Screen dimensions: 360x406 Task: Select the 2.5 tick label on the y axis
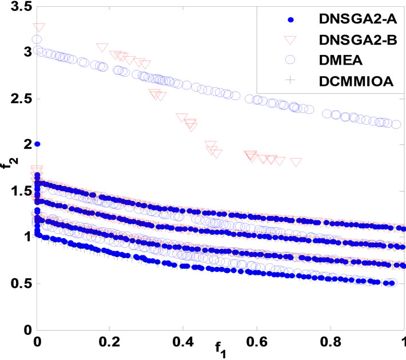[17, 98]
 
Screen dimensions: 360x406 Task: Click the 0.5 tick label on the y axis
[17, 284]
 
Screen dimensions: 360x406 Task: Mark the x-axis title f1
[221, 349]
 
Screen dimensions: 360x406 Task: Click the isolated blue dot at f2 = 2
[38, 144]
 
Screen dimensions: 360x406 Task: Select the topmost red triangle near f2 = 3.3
[39, 27]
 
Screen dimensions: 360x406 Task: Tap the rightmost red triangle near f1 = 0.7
[296, 162]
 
